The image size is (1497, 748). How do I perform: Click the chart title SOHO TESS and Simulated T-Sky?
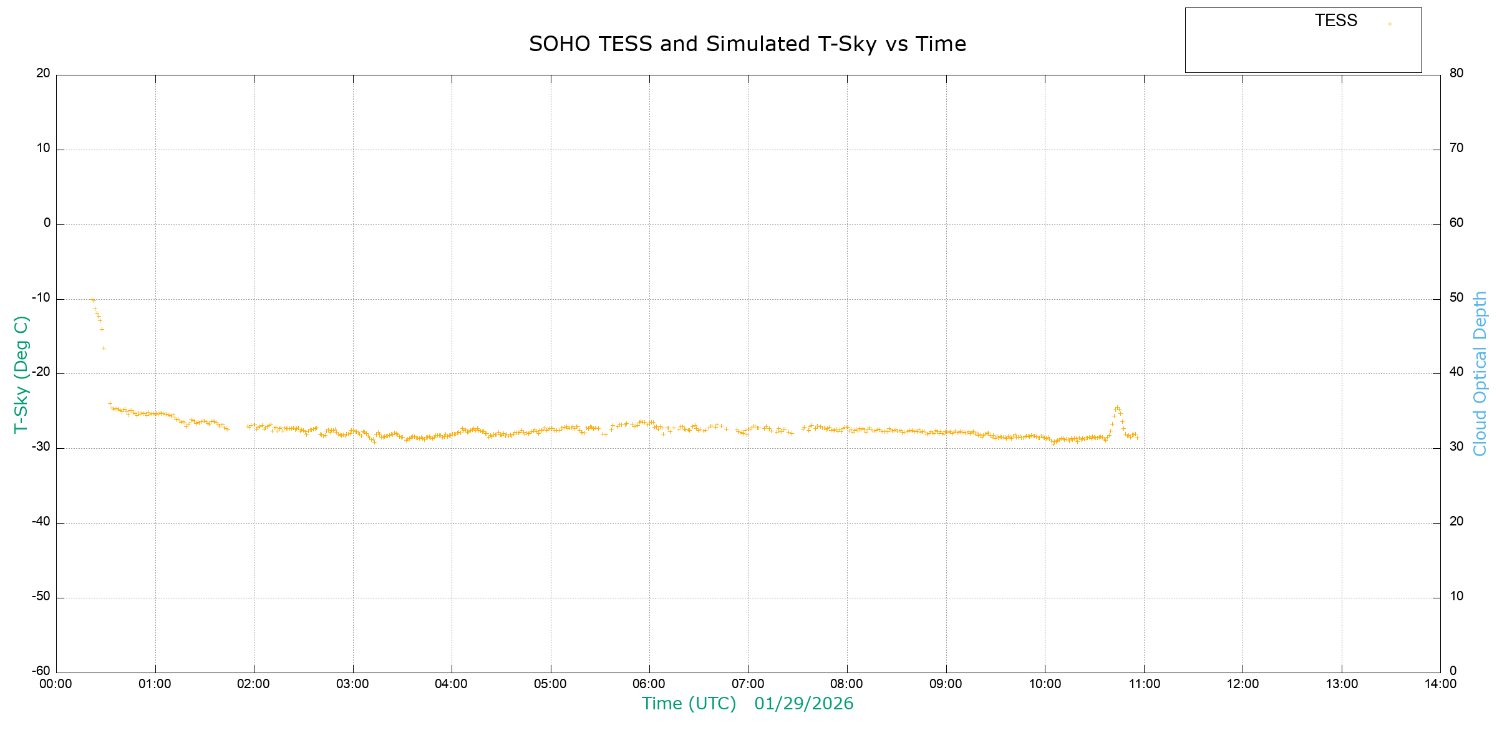coord(747,44)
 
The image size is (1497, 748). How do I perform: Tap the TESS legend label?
coord(1336,21)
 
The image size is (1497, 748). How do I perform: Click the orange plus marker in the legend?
coord(1390,24)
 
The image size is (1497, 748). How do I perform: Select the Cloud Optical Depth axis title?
coord(1480,373)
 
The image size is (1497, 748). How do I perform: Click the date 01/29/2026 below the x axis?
coord(803,704)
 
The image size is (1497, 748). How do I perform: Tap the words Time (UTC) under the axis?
coord(689,704)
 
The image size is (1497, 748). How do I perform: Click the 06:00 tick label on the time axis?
coord(649,684)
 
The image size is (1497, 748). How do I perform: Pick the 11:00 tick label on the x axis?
coord(1144,684)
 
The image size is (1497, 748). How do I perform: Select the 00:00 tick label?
coord(56,684)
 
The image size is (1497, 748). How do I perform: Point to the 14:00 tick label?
coord(1440,684)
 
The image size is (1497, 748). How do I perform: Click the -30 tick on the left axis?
coord(42,447)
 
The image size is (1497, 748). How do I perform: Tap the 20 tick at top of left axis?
coord(43,73)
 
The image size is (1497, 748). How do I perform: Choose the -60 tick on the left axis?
coord(42,671)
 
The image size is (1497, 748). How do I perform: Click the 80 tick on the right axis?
coord(1456,73)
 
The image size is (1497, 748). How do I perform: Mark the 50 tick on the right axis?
coord(1456,297)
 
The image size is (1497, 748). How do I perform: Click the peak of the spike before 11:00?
coord(1117,407)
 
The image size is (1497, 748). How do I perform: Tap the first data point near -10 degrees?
coord(91,299)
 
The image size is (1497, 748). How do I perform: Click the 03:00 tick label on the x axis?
coord(352,684)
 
